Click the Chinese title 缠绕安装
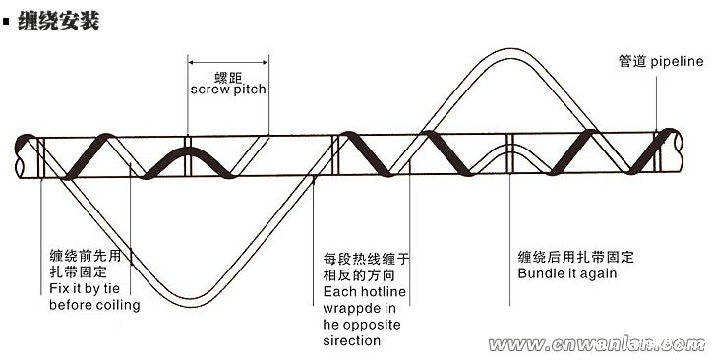tap(60, 20)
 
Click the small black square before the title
tap(9, 21)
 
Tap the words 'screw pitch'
tap(228, 89)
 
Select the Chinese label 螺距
tap(228, 75)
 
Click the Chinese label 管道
tap(633, 61)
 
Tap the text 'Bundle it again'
tap(567, 272)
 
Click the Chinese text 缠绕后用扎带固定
tap(576, 257)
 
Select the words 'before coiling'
tap(94, 305)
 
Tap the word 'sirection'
tap(351, 341)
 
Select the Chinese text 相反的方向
tap(357, 276)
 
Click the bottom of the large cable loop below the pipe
tap(198, 301)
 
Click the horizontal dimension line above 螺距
tap(228, 58)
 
